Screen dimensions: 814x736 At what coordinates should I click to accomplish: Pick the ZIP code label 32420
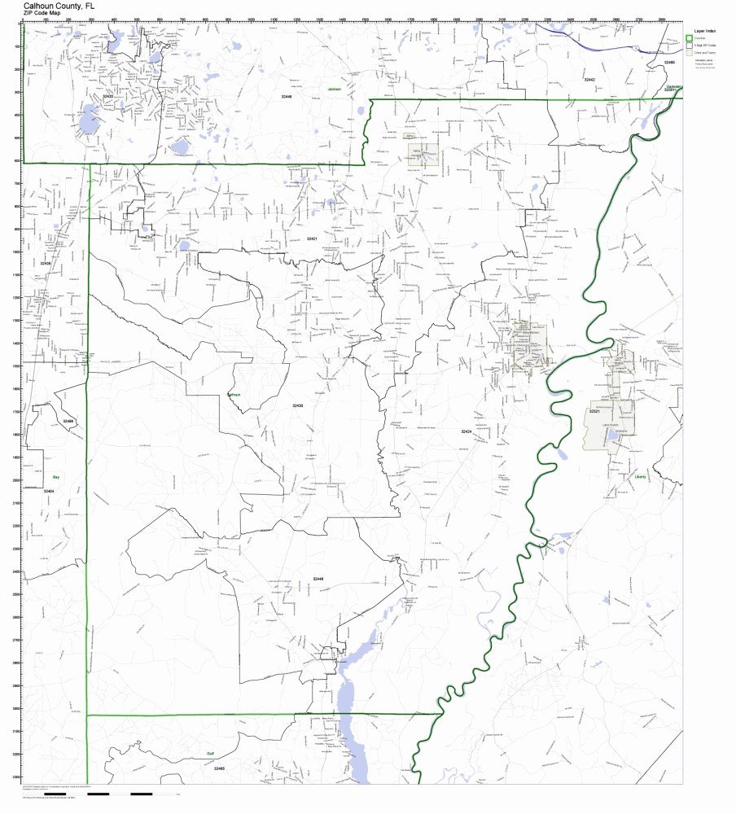pyautogui.click(x=107, y=97)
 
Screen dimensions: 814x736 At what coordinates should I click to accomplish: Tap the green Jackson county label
pyautogui.click(x=335, y=89)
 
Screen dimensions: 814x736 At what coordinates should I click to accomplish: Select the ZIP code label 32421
pyautogui.click(x=311, y=239)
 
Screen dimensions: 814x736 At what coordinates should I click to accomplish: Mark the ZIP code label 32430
pyautogui.click(x=297, y=405)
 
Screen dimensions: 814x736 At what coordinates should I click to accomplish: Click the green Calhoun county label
pyautogui.click(x=234, y=394)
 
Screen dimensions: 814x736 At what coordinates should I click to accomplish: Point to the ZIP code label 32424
pyautogui.click(x=465, y=431)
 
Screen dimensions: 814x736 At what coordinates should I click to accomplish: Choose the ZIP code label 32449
pyautogui.click(x=318, y=578)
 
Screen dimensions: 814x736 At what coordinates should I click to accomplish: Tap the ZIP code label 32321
pyautogui.click(x=594, y=412)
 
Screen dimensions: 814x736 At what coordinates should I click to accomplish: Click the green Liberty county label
pyautogui.click(x=640, y=478)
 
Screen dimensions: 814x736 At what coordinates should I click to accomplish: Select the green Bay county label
pyautogui.click(x=56, y=477)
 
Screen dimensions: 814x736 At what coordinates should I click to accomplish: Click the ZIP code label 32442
pyautogui.click(x=589, y=80)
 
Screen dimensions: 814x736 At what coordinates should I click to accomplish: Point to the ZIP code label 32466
pyautogui.click(x=68, y=421)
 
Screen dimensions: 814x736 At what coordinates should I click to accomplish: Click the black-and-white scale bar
pyautogui.click(x=129, y=793)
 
